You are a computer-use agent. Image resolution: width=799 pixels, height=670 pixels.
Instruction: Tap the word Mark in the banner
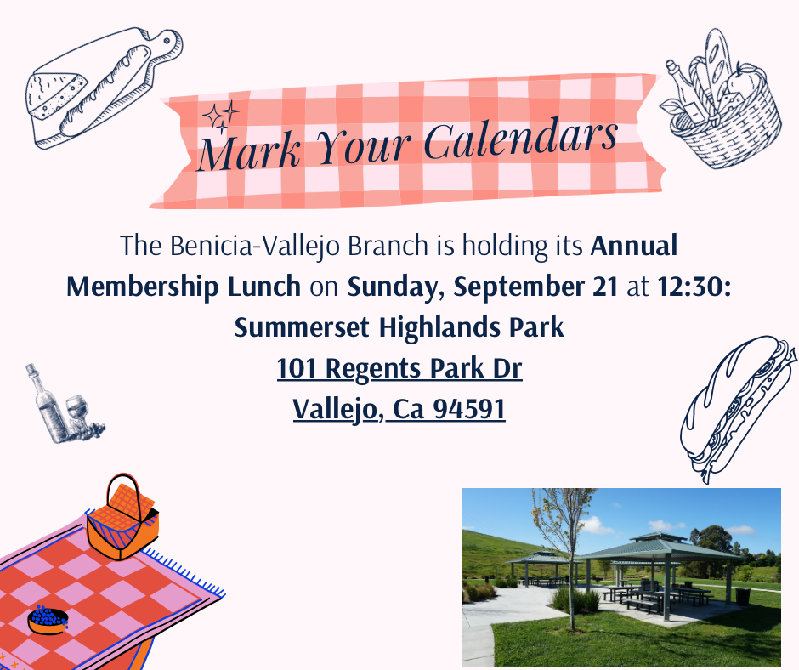(249, 152)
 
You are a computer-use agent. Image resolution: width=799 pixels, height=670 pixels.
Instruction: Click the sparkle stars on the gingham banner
(221, 116)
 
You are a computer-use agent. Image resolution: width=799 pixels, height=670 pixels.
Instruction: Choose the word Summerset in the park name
(301, 327)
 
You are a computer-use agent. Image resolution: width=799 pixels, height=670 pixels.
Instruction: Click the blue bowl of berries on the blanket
(48, 620)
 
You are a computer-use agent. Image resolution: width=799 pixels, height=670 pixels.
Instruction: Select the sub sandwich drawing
(737, 408)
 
